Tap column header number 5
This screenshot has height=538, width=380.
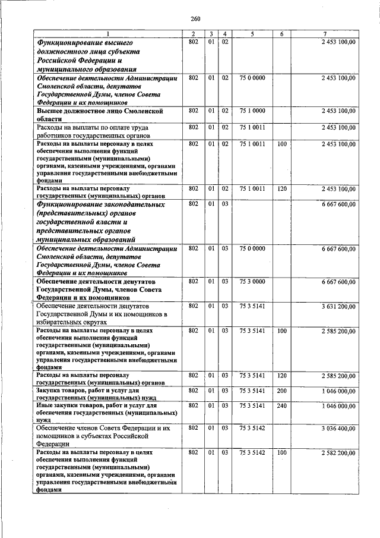click(x=252, y=33)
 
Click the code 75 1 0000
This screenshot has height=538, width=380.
click(x=252, y=111)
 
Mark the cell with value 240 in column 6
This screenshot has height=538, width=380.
click(x=281, y=405)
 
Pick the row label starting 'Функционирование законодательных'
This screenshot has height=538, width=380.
click(x=100, y=204)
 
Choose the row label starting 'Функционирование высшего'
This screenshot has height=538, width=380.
click(x=84, y=43)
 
